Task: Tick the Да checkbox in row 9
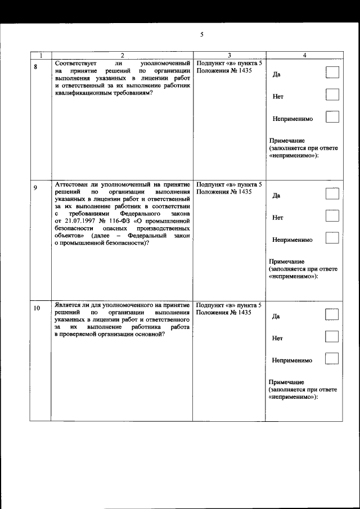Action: point(332,194)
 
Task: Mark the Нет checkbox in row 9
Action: point(332,215)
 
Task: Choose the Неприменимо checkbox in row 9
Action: point(332,238)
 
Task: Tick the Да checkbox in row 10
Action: point(332,314)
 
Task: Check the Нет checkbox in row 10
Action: point(332,336)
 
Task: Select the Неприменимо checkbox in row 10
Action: point(332,358)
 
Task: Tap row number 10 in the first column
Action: point(37,308)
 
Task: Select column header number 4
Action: point(304,55)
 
